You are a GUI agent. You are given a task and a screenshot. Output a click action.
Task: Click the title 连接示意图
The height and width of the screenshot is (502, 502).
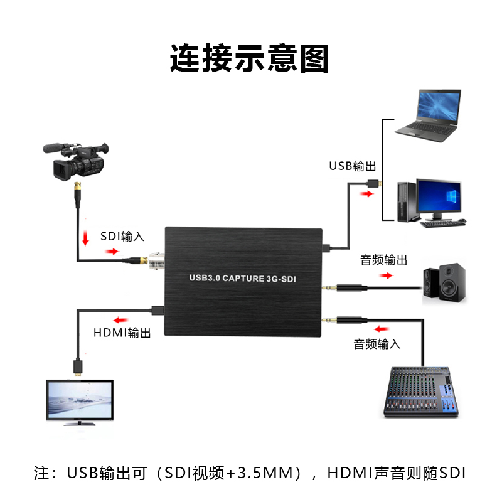pos(249,59)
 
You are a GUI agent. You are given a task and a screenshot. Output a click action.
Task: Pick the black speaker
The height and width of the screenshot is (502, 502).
pos(444,282)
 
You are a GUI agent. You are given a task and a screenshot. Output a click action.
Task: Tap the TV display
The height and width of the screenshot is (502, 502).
pos(78,402)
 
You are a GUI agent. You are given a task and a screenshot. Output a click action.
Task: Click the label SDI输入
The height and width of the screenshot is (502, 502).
pos(122,237)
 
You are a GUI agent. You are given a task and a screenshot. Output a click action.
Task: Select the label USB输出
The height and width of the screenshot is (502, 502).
pos(353,166)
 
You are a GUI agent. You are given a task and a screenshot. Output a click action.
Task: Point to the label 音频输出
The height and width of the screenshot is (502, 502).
pos(383,260)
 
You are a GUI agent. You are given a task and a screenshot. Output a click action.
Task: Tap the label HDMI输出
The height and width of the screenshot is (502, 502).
pos(122,333)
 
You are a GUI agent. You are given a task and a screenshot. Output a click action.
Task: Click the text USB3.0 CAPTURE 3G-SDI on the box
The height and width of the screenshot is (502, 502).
pos(242,277)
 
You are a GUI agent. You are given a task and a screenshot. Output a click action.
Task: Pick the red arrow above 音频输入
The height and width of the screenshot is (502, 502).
pos(380,328)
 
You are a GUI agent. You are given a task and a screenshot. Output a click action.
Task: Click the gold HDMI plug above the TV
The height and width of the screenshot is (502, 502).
pos(77,366)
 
